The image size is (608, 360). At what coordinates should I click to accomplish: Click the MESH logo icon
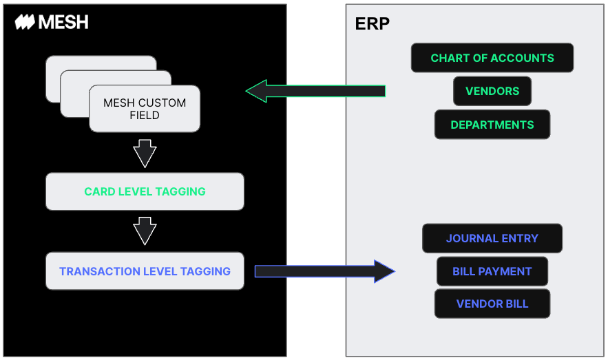pos(25,22)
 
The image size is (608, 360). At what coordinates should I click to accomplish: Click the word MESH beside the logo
pos(63,22)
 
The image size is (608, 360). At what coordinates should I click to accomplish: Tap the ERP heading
pos(373,23)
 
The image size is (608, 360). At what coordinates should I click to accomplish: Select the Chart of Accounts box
pos(492,58)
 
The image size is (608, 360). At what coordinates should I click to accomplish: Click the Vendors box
pos(492,91)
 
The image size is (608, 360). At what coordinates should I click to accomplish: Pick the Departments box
pos(492,125)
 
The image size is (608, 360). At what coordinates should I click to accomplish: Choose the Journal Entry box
pos(492,238)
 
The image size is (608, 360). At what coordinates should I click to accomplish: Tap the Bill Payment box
pos(492,271)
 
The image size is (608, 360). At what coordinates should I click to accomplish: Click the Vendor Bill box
pos(492,304)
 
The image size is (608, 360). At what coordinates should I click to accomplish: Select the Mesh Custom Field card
pos(145,109)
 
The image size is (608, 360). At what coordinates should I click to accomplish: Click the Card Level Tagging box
pos(145,191)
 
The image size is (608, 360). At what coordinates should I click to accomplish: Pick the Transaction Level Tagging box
pos(145,271)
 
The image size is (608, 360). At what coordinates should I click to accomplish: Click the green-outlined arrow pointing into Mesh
pos(315,91)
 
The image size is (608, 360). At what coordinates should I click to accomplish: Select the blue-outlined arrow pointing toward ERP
pos(324,271)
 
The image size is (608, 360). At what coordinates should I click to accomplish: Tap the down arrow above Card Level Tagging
pos(145,153)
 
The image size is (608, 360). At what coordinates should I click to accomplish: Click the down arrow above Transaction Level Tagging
pos(145,231)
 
